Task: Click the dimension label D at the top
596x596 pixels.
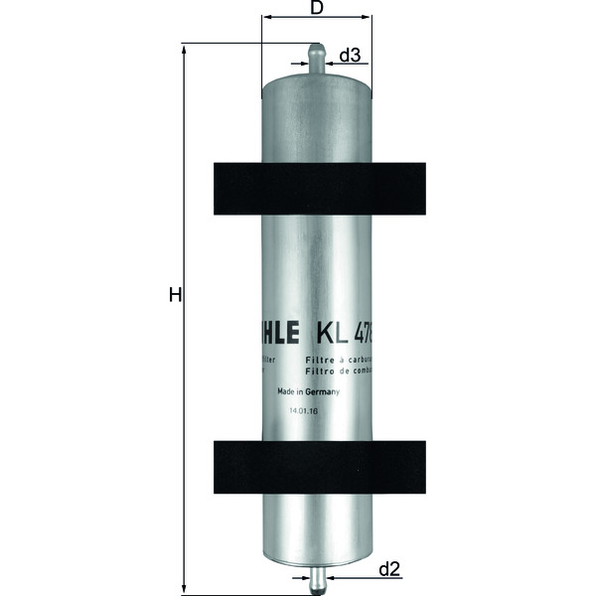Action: pyautogui.click(x=317, y=8)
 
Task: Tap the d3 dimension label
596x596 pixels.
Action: pyautogui.click(x=349, y=56)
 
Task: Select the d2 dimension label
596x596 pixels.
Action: pyautogui.click(x=388, y=569)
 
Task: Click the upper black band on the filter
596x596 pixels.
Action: pyautogui.click(x=318, y=189)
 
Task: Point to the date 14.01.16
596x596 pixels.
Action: pyautogui.click(x=303, y=409)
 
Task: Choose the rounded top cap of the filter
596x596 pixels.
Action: pyautogui.click(x=316, y=81)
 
